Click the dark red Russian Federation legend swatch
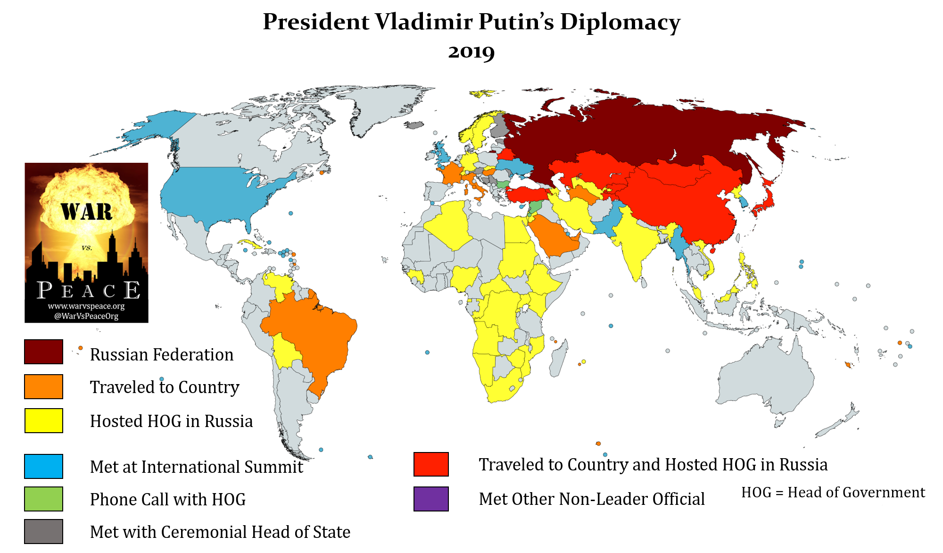pos(43,352)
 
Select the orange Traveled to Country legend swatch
pos(43,386)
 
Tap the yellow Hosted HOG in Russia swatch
pos(43,420)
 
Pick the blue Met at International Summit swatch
pos(43,466)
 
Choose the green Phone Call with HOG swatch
pos(43,499)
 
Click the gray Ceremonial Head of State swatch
pos(43,531)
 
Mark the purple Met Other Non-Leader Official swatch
pos(431,499)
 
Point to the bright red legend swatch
pos(431,464)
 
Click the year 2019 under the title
pos(471,51)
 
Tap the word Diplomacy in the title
pos(620,22)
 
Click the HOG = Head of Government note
pos(833,492)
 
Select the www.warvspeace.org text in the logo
pos(86,306)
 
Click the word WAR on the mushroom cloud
pos(87,212)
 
